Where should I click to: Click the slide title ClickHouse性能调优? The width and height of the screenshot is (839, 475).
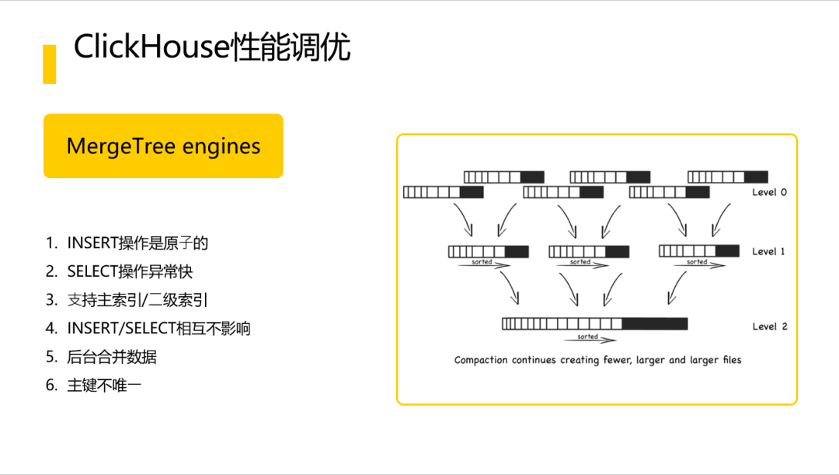[212, 48]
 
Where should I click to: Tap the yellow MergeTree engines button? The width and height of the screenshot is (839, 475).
[163, 146]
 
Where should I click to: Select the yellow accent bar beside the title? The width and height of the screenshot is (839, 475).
[49, 65]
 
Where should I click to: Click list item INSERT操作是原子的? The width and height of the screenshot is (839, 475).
[138, 243]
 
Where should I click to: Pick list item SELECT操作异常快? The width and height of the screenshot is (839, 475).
[130, 271]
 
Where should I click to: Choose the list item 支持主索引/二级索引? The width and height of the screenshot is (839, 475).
[138, 300]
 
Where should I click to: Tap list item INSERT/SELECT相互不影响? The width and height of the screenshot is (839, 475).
[158, 328]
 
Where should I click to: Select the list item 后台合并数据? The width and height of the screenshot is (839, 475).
[112, 357]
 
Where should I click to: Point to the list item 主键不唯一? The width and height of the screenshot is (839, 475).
[104, 385]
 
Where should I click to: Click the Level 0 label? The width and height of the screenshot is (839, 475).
[769, 192]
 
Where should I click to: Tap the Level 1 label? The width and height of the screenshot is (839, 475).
[769, 251]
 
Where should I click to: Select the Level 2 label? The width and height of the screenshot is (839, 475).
[769, 327]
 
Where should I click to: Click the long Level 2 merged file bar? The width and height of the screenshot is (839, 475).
[594, 324]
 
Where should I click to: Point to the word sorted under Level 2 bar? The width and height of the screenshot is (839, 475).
[588, 337]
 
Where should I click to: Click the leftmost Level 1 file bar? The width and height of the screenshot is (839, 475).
[488, 252]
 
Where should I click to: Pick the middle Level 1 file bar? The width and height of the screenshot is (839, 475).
[589, 252]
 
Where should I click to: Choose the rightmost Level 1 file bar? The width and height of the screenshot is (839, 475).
[698, 250]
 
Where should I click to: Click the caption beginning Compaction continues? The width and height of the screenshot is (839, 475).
[597, 360]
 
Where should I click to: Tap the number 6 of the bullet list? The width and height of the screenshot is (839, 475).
[51, 385]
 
